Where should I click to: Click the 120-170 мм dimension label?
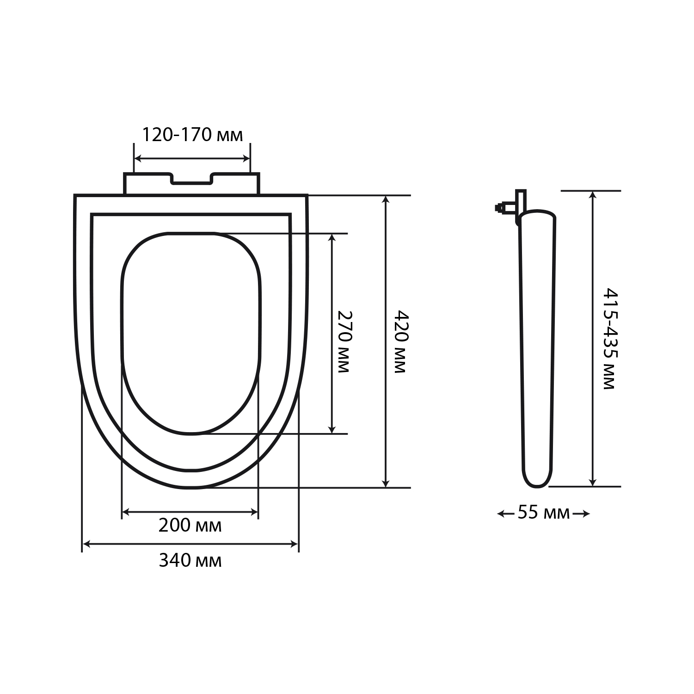pyautogui.click(x=191, y=135)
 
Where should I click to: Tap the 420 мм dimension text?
pyautogui.click(x=401, y=341)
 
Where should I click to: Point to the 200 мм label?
pyautogui.click(x=190, y=526)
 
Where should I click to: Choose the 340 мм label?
pyautogui.click(x=190, y=561)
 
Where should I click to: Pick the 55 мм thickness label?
pyautogui.click(x=543, y=513)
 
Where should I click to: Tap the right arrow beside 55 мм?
pyautogui.click(x=581, y=513)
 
